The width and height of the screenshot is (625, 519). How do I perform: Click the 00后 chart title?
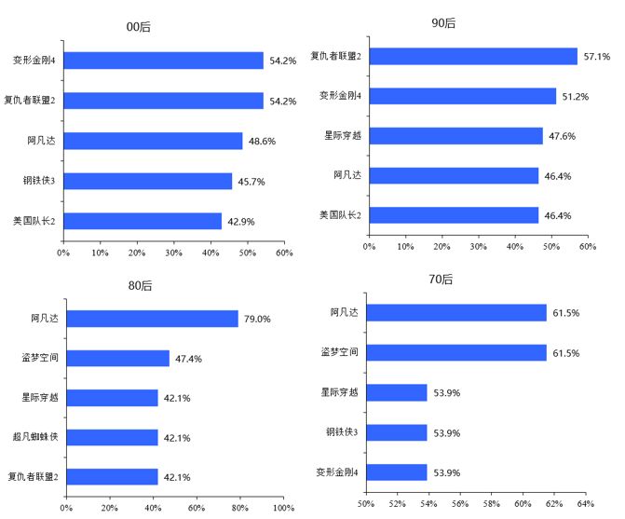pyautogui.click(x=139, y=27)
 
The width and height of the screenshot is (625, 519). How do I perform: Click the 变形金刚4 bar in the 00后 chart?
pyautogui.click(x=164, y=61)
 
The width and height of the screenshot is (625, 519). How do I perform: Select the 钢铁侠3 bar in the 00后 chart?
pyautogui.click(x=148, y=181)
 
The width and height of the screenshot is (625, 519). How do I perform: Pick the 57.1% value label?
pyautogui.click(x=596, y=57)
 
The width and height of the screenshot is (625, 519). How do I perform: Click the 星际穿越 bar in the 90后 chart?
pyautogui.click(x=455, y=136)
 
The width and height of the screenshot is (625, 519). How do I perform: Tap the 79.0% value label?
pyautogui.click(x=256, y=319)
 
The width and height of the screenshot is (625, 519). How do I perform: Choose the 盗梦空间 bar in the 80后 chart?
pyautogui.click(x=117, y=359)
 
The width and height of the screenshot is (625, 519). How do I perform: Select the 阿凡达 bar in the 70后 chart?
pyautogui.click(x=456, y=313)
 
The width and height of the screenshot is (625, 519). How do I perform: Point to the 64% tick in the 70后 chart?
pyautogui.click(x=586, y=505)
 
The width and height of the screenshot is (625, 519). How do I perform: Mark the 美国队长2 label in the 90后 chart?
pyautogui.click(x=340, y=216)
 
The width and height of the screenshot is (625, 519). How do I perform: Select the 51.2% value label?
pyautogui.click(x=575, y=97)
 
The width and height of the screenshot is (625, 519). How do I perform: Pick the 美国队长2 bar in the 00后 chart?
pyautogui.click(x=143, y=221)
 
